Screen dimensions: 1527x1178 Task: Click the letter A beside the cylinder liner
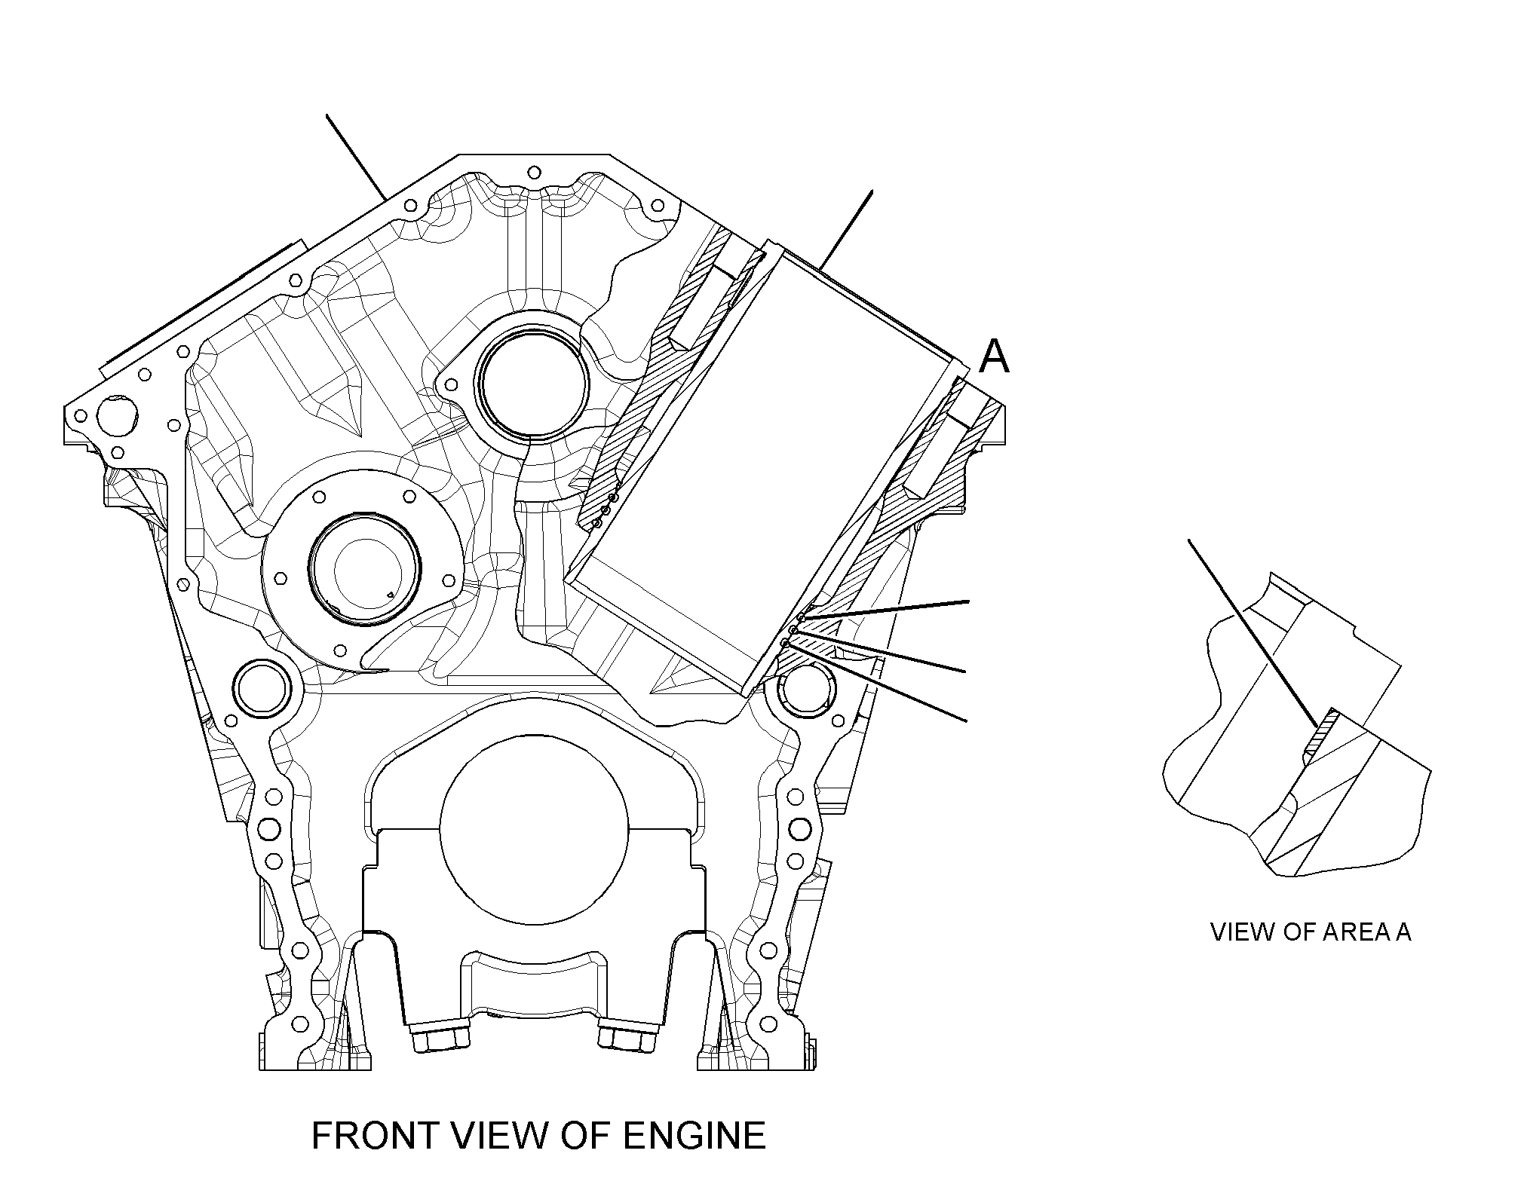coord(994,356)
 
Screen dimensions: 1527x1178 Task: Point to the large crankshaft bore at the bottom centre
coord(534,837)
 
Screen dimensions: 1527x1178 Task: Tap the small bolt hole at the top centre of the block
coord(535,172)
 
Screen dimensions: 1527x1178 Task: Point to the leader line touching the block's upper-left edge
coord(357,157)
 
